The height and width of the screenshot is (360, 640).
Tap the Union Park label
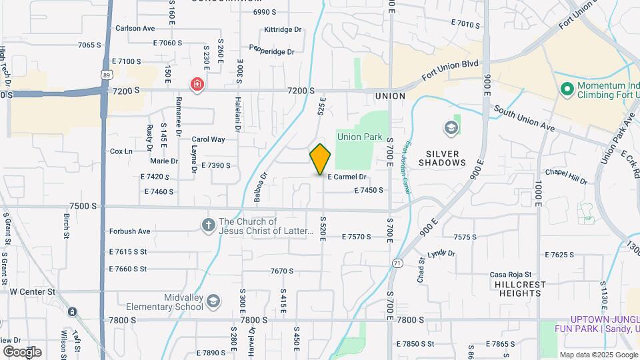[359, 137]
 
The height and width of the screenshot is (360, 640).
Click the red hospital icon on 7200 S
[197, 84]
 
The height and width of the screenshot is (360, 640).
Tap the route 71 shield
[397, 263]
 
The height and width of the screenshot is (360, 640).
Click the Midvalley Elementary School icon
[213, 301]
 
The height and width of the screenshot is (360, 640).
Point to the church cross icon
[208, 226]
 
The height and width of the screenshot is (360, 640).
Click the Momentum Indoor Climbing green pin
[567, 88]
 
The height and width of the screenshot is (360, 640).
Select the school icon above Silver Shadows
[451, 127]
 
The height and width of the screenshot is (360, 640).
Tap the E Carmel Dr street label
[347, 177]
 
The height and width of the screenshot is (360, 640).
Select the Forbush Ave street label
[130, 231]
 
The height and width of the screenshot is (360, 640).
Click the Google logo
[22, 351]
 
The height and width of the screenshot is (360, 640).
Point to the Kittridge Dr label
[283, 30]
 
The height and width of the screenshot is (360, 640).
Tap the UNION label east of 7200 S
[390, 96]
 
